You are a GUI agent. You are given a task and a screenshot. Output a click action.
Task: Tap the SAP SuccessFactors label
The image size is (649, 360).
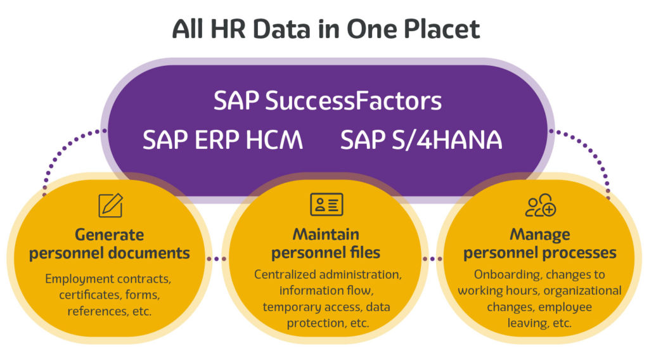(x=328, y=101)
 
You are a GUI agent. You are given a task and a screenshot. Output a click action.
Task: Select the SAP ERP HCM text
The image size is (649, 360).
(x=222, y=140)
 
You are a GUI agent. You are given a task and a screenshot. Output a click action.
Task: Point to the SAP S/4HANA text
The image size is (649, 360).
(x=421, y=140)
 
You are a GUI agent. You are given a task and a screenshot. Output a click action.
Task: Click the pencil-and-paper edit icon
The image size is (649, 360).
(x=110, y=205)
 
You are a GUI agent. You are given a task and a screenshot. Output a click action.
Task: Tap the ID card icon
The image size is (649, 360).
(x=326, y=205)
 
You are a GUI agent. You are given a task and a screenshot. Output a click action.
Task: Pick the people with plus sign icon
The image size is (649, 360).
(x=541, y=205)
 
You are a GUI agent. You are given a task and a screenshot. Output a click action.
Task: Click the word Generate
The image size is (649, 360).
(x=109, y=235)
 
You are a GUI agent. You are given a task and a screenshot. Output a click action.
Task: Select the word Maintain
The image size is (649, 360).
(x=326, y=235)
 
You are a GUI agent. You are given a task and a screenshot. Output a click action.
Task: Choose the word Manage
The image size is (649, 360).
(x=540, y=235)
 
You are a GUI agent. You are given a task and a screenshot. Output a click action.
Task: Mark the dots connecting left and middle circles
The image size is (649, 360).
(x=217, y=259)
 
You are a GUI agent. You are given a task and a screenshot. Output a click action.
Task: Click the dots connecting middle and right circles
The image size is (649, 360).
(x=432, y=259)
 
